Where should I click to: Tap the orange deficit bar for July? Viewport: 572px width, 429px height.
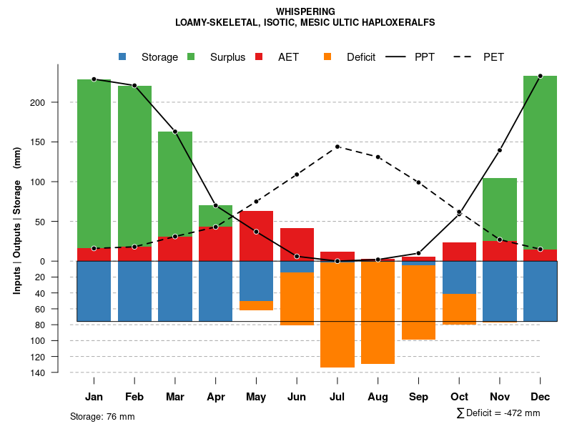[337, 315]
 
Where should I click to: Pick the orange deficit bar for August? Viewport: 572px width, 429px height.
[378, 312]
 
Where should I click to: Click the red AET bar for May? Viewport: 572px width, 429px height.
[256, 236]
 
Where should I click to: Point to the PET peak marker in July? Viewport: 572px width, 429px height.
[337, 147]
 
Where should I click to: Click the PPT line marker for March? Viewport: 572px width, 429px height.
[175, 132]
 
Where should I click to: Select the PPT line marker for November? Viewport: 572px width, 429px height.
[500, 150]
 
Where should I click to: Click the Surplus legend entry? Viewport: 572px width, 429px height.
[217, 57]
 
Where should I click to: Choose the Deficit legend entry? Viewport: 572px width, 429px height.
[350, 57]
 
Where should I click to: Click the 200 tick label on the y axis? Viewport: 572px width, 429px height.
[57, 102]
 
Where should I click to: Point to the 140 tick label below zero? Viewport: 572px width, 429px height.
[57, 373]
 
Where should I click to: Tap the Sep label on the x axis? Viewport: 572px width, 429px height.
[418, 397]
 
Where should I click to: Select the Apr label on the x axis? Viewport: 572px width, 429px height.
[216, 397]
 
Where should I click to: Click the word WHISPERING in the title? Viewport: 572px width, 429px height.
[305, 11]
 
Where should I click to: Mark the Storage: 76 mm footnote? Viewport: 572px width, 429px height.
[102, 416]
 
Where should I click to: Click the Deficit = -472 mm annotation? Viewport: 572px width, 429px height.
[498, 413]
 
